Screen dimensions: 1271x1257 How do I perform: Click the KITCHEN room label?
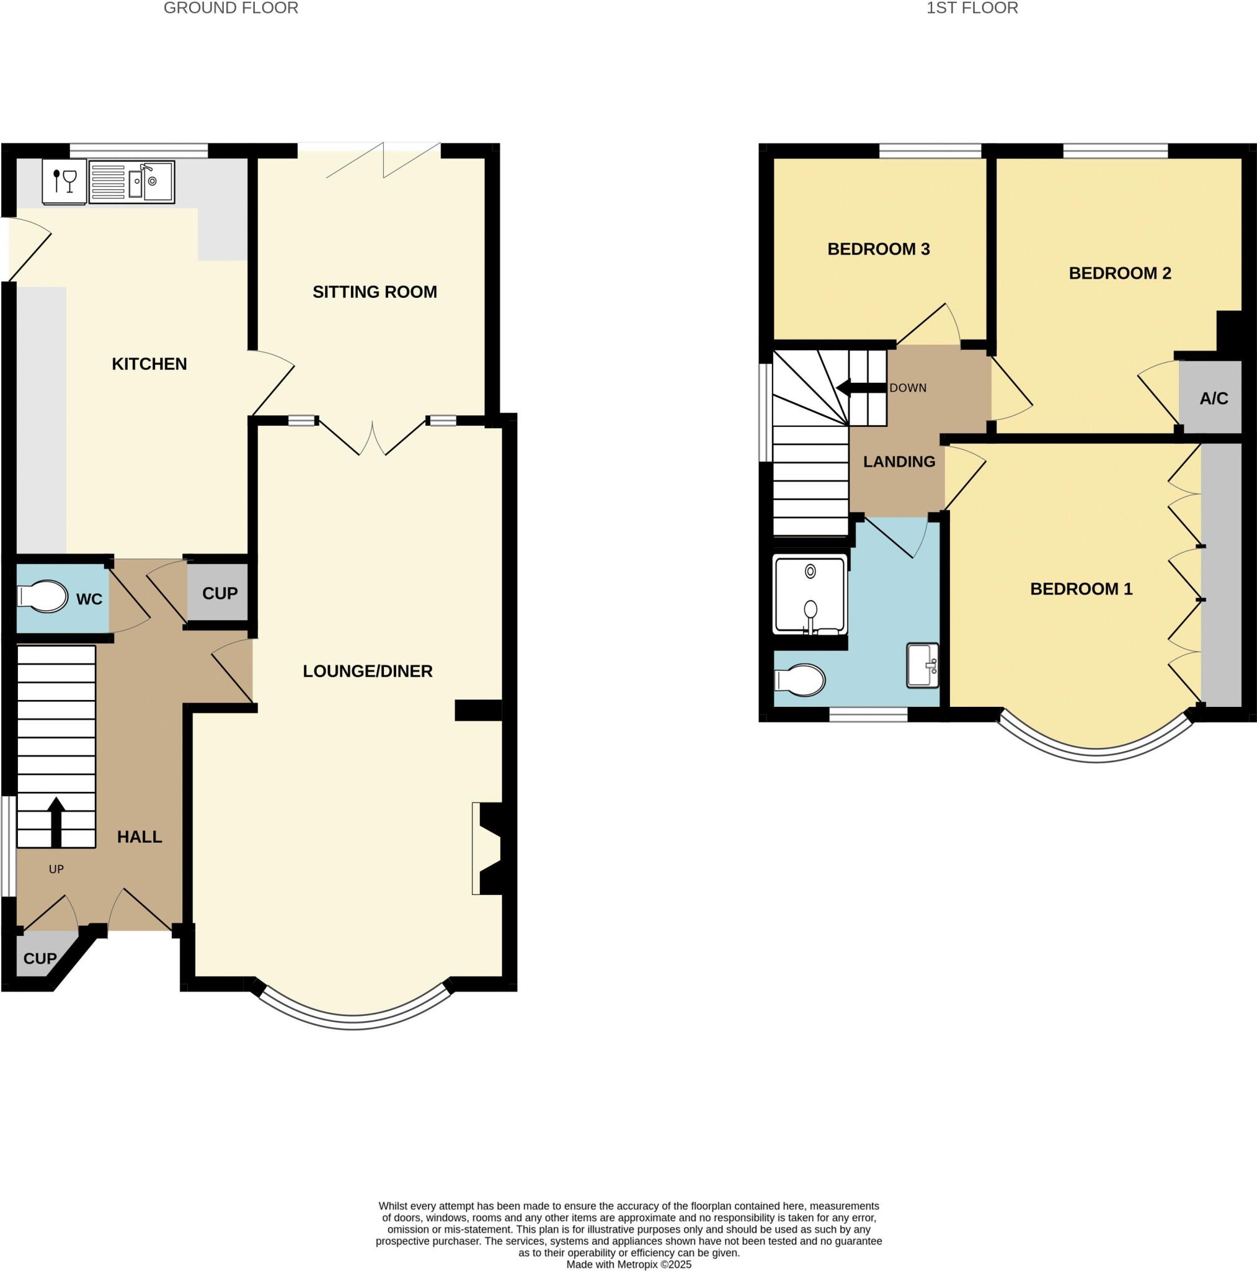(149, 364)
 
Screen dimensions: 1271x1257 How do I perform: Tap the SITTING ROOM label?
(374, 292)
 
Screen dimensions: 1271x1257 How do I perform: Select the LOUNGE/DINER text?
(368, 671)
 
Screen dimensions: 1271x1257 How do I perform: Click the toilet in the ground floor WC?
(43, 596)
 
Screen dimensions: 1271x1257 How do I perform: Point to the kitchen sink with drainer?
(131, 182)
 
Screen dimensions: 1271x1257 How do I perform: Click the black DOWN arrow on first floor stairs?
(860, 388)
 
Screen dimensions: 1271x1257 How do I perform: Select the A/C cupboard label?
(1213, 398)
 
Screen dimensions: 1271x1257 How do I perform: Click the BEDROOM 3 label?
(877, 249)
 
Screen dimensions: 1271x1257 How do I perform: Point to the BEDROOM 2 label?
(1119, 273)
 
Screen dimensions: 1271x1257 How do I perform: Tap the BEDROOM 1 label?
(1081, 589)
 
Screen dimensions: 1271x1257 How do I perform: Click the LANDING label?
(899, 462)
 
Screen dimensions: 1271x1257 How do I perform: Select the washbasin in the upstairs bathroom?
(922, 665)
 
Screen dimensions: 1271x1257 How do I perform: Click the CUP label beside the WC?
(220, 593)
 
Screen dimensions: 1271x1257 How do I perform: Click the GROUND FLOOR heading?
(231, 8)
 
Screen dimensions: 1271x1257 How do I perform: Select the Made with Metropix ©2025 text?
(629, 1264)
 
